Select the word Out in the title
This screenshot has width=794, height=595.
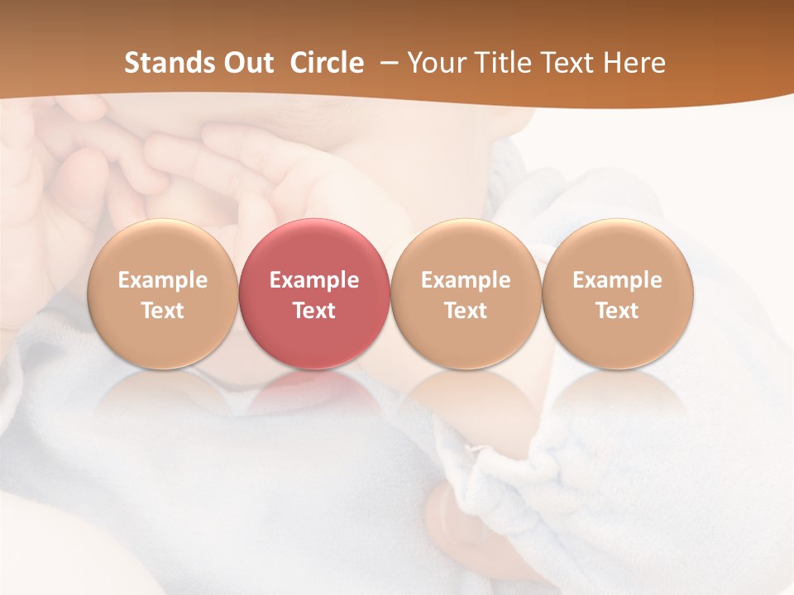point(248,63)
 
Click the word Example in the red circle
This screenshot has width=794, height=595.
point(314,280)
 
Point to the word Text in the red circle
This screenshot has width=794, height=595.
point(314,311)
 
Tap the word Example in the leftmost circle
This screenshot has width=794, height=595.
point(162,280)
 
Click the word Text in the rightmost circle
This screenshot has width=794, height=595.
point(618,311)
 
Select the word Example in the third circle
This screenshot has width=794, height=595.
point(466,280)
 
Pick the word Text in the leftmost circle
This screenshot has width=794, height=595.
point(162,311)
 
